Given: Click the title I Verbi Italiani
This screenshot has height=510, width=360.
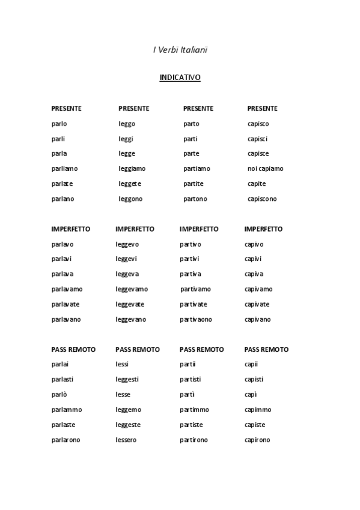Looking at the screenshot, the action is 180,50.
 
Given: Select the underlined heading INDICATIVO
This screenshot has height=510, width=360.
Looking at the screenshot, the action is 180,78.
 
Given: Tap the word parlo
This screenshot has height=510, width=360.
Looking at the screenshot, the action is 59,124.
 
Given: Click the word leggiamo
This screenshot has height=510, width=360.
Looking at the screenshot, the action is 132,169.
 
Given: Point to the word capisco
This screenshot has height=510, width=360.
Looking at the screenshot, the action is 258,124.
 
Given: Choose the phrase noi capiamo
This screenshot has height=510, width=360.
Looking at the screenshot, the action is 265,169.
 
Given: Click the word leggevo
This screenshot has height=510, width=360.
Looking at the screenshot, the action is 127,244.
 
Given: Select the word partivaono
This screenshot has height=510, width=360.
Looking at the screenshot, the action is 195,319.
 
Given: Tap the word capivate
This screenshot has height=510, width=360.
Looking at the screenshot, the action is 257,304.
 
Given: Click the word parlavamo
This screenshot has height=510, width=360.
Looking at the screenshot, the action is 67,289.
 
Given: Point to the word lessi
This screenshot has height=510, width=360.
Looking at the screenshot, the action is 122,364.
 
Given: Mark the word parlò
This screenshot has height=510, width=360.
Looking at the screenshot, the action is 59,395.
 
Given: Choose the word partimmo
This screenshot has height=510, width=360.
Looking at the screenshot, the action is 194,410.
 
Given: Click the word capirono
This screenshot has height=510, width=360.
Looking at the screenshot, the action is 257,440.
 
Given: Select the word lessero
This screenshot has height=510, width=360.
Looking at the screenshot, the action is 126,440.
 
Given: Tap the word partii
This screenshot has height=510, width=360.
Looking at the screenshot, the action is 188,364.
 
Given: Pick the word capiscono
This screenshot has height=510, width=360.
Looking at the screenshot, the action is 262,199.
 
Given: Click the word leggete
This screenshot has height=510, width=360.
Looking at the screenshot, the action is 130,184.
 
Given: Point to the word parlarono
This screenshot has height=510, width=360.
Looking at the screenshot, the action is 66,440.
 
